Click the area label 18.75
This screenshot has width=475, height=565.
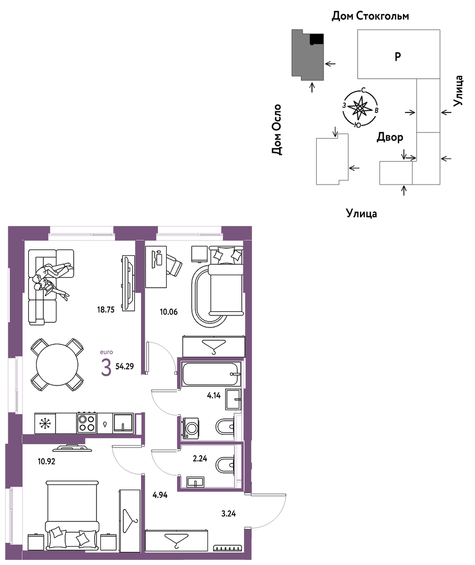106,310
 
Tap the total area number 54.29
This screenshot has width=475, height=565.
124,366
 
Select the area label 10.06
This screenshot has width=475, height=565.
169,312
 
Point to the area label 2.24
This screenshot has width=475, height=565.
200,459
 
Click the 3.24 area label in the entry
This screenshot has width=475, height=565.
228,514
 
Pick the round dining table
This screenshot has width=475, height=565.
57,365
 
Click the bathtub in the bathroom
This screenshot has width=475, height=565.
211,375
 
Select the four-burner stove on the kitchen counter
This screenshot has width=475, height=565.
86,423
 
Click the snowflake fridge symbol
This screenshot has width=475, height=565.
45,423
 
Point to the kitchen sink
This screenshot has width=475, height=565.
123,423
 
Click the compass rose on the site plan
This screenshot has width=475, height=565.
360,108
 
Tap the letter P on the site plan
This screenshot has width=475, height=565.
398,56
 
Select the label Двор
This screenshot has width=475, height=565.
390,137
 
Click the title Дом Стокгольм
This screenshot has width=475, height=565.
370,16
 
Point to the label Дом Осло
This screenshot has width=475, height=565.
277,130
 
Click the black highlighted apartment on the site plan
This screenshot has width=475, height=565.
317,39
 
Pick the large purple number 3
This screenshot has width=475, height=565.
106,368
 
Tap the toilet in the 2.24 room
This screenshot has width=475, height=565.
225,465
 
